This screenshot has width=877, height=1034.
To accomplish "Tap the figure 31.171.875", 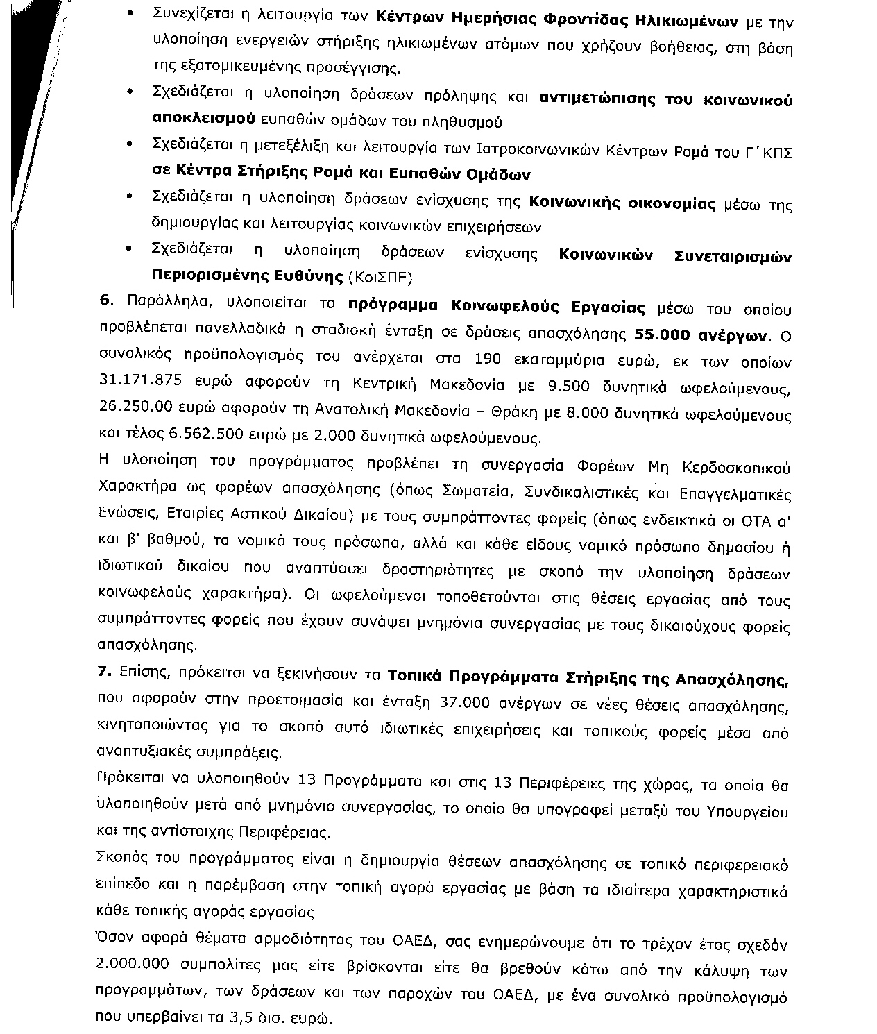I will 141,387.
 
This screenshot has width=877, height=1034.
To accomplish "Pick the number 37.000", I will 465,703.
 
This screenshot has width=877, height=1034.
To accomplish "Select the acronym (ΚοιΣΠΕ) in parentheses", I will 380,278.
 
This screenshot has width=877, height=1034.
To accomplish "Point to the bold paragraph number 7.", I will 105,674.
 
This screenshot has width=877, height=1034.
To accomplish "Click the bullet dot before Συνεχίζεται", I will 130,14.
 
